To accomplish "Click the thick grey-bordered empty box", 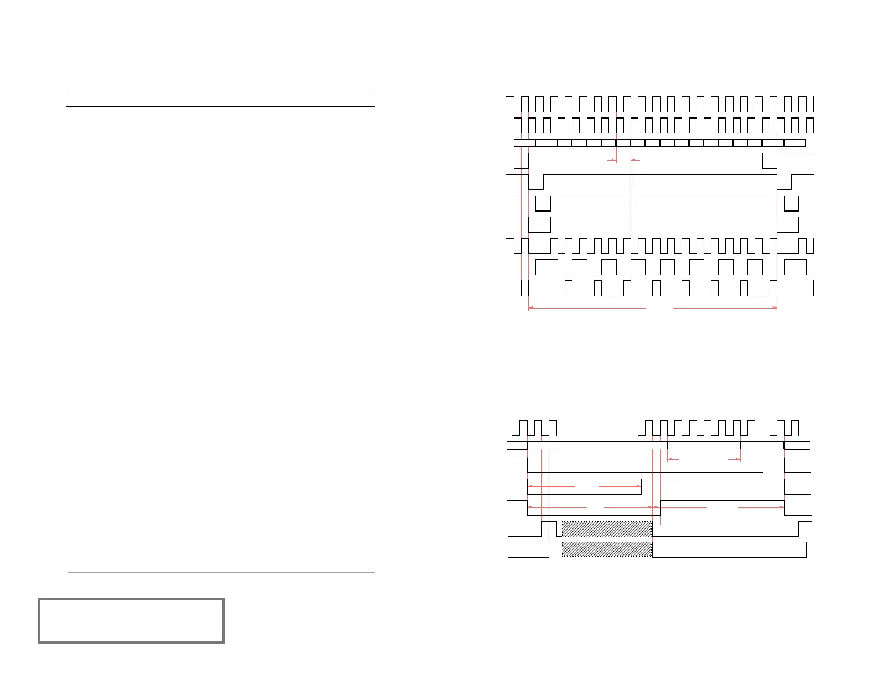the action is pyautogui.click(x=131, y=620).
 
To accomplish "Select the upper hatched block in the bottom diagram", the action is pyautogui.click(x=607, y=529).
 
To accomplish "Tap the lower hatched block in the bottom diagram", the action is pyautogui.click(x=607, y=549).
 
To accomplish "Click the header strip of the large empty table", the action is pyautogui.click(x=221, y=97).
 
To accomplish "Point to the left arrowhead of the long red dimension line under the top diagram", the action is pyautogui.click(x=531, y=308).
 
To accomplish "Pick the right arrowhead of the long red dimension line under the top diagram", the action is pyautogui.click(x=775, y=308).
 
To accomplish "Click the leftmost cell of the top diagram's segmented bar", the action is pyautogui.click(x=524, y=143).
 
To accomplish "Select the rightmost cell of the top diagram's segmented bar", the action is pyautogui.click(x=795, y=143).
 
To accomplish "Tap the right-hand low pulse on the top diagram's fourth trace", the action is pyautogui.click(x=770, y=161).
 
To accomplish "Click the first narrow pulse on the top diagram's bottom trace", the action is pyautogui.click(x=525, y=288).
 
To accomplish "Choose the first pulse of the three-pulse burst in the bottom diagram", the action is pyautogui.click(x=523, y=428).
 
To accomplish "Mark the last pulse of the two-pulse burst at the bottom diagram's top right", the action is pyautogui.click(x=795, y=428).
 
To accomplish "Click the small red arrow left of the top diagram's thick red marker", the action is pyautogui.click(x=612, y=161).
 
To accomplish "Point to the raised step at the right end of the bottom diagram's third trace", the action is pyautogui.click(x=773, y=465).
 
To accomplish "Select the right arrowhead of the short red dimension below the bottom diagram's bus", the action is pyautogui.click(x=738, y=459).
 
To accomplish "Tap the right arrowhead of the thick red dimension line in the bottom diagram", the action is pyautogui.click(x=639, y=487).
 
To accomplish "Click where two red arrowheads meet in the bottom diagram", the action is pyautogui.click(x=655, y=507).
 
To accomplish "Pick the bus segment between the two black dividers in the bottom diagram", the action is pyautogui.click(x=704, y=445).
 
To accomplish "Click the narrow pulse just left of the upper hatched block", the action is pyautogui.click(x=549, y=529).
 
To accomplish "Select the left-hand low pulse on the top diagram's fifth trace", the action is pyautogui.click(x=536, y=182).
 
